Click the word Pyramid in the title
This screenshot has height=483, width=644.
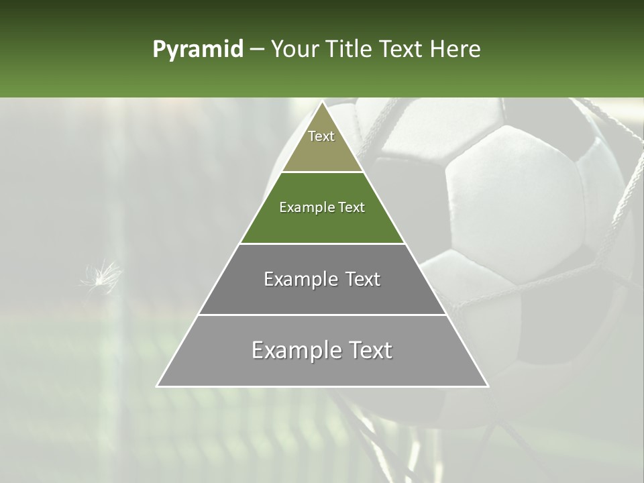click(197, 50)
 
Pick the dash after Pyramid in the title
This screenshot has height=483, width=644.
click(256, 50)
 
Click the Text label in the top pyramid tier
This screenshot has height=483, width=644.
click(321, 136)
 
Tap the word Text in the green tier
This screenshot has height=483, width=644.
click(351, 207)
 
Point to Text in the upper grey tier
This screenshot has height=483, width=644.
click(363, 279)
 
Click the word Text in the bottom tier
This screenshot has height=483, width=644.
click(370, 350)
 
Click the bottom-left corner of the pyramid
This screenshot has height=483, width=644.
click(158, 386)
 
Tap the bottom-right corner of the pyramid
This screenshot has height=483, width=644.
click(488, 386)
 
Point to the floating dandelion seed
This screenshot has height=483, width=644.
click(101, 275)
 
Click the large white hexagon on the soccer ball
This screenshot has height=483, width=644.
click(510, 201)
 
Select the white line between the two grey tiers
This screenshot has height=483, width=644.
click(322, 315)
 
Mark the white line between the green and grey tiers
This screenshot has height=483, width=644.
click(322, 244)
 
